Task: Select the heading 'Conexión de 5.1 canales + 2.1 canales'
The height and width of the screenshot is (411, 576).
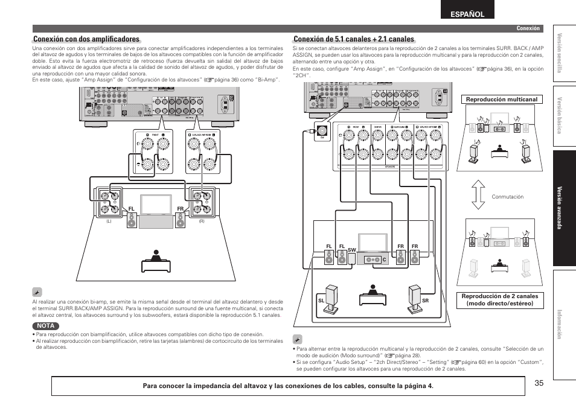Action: coord(353,39)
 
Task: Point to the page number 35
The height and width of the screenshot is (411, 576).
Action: coord(539,382)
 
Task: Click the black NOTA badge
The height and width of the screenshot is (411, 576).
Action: coord(45,326)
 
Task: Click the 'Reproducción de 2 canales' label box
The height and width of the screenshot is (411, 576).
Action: coord(499,300)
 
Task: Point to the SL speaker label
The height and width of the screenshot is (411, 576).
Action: coord(322,301)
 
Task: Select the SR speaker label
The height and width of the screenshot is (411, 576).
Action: coord(425,301)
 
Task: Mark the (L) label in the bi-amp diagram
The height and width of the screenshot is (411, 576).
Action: coord(109,221)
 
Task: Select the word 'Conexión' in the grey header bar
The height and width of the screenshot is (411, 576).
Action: coord(527,28)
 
